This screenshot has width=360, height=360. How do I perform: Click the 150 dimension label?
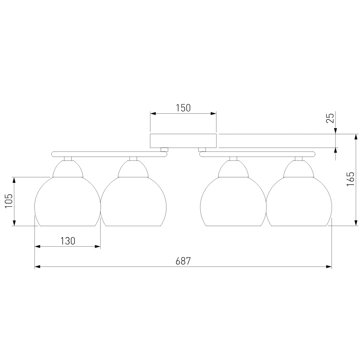pos(183,108)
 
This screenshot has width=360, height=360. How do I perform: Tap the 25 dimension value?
pos(330,118)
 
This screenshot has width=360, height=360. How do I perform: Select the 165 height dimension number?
pos(350,179)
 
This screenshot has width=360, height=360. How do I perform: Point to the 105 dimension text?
pos(9,201)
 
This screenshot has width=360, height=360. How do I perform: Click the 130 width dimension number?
pos(68,241)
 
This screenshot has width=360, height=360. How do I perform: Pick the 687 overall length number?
pos(183,261)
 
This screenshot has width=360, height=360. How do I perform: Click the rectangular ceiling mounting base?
pos(183,141)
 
